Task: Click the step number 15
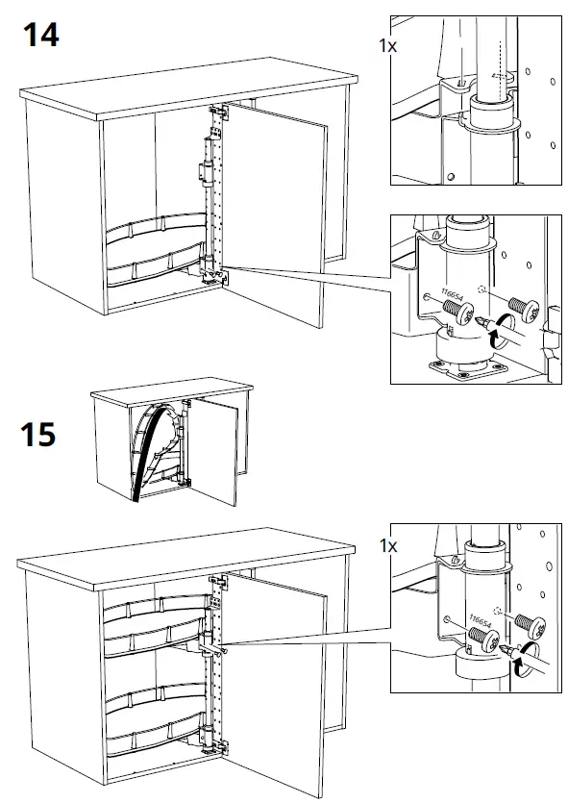tap(39, 434)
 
